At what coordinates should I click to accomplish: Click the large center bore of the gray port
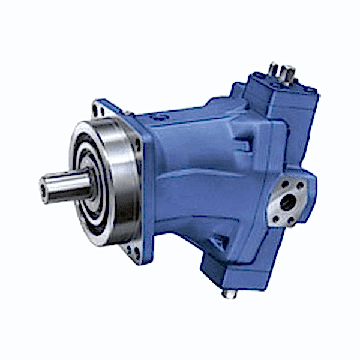click(x=287, y=203)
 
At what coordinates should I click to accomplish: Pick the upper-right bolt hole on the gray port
click(x=301, y=187)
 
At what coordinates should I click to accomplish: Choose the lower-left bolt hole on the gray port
click(x=275, y=219)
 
